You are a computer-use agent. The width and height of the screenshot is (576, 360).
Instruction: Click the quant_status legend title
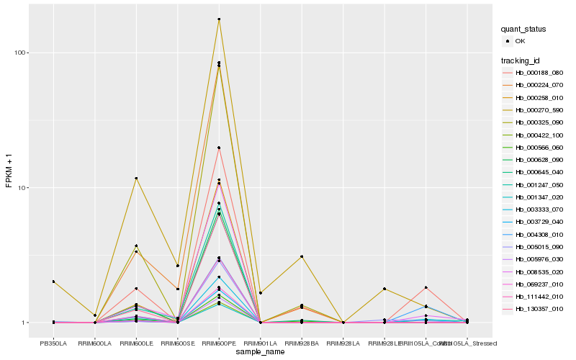tap(523, 29)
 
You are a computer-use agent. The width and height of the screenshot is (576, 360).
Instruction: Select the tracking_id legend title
tap(521, 60)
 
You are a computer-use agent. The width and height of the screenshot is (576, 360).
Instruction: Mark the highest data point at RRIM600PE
tap(219, 19)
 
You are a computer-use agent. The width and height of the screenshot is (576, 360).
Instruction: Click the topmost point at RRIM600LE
tap(136, 178)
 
